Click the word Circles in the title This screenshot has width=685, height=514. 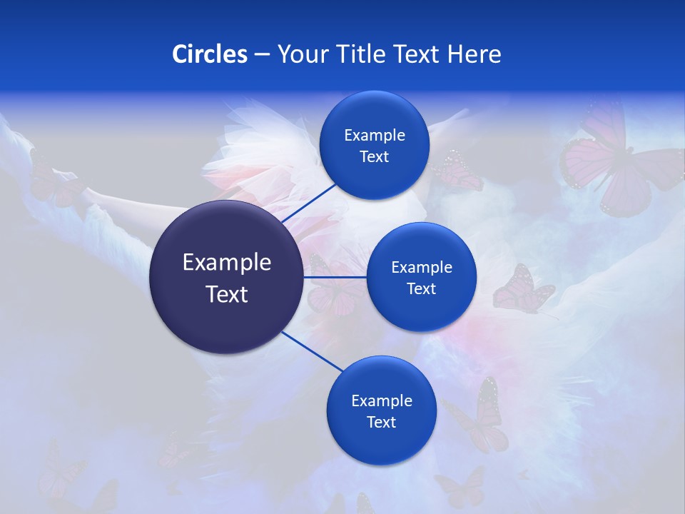point(209,54)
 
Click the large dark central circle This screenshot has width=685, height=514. point(226,277)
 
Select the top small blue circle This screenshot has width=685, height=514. point(374,145)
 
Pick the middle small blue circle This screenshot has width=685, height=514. point(421,277)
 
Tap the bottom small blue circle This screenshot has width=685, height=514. point(381,410)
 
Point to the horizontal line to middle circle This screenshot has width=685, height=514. point(335,277)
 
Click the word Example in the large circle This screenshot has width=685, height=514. point(226,262)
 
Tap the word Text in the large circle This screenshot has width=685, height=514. point(226,293)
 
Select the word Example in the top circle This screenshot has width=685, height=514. point(374,135)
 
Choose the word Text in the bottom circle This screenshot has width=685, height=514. point(381,422)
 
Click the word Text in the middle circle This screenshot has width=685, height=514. point(421,288)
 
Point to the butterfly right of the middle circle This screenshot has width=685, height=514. point(522,289)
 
